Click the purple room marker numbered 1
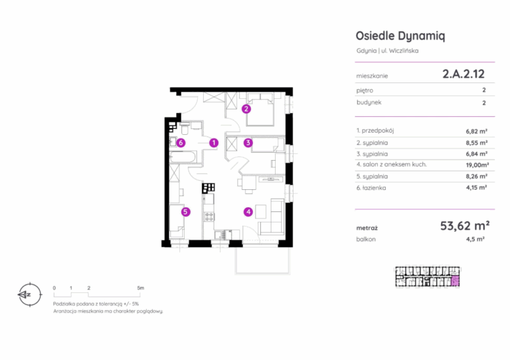tap(214, 142)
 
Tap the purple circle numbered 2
tap(246, 109)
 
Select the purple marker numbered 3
tap(248, 142)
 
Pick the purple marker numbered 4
tap(248, 212)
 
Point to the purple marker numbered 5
tap(185, 212)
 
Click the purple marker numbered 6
tap(181, 142)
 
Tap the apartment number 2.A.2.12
tap(464, 74)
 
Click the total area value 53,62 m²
tap(465, 226)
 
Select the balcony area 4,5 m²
tap(475, 239)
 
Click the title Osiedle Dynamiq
tap(400, 36)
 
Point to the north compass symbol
tap(30, 295)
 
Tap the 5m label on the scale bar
tap(141, 288)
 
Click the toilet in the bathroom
tap(185, 129)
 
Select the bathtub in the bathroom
tap(183, 157)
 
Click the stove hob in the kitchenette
tap(209, 217)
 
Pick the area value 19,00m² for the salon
tap(477, 165)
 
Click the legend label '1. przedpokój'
tap(375, 131)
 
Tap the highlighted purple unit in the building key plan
tap(456, 281)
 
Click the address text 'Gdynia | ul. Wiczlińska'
tap(387, 50)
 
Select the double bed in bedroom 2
tap(260, 110)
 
